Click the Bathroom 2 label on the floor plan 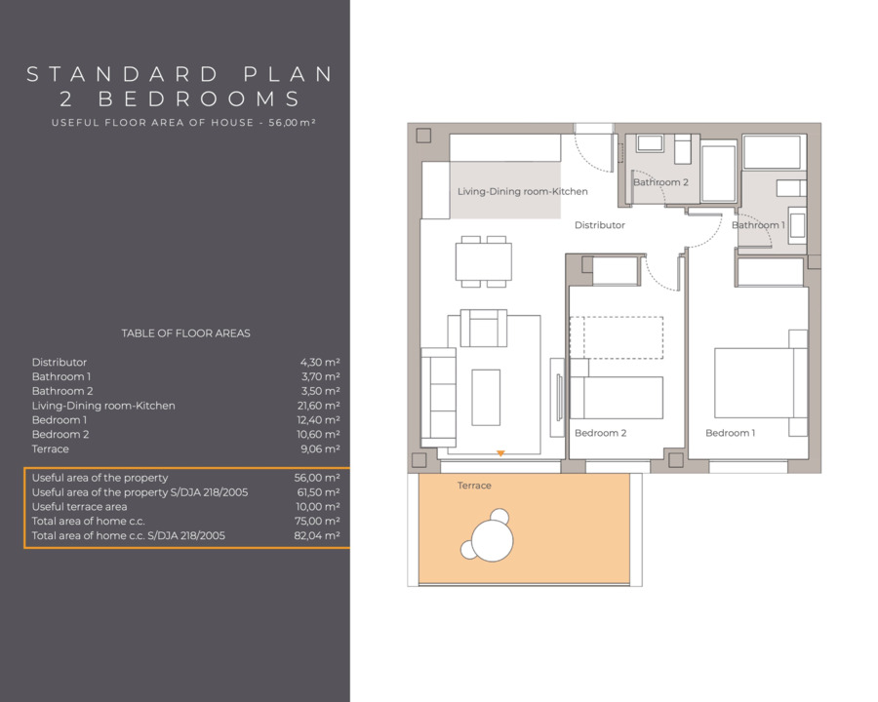coord(660,182)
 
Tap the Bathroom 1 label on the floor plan coord(758,225)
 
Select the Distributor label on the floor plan coord(599,225)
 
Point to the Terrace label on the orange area coord(474,486)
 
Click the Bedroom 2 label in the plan coord(600,433)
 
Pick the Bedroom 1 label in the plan coord(730,433)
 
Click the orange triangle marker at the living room coord(500,453)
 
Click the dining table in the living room coord(483,261)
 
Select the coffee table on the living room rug coord(486,398)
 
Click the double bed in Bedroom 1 coord(760,383)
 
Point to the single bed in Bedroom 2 coord(616,398)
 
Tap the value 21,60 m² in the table coord(318,406)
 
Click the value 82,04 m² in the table coord(317,535)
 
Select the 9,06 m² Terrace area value coord(320,448)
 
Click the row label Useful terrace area coord(80,507)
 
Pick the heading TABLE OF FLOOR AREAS coord(186,333)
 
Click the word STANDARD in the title coord(123,74)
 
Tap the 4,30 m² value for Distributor coord(320,362)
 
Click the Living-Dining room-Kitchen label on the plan coord(523,191)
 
